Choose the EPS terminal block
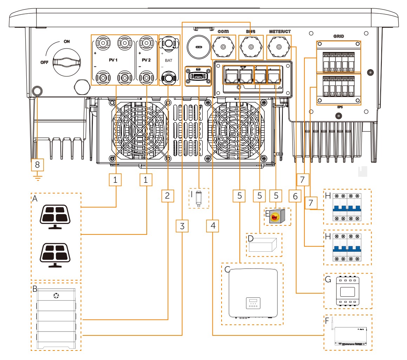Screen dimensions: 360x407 click(x=339, y=89)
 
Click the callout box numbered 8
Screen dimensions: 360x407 click(x=38, y=164)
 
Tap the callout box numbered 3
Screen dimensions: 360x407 click(x=182, y=226)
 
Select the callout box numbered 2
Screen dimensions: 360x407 click(x=168, y=196)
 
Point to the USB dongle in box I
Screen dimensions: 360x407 click(x=199, y=199)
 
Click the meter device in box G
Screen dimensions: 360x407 click(x=348, y=291)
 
